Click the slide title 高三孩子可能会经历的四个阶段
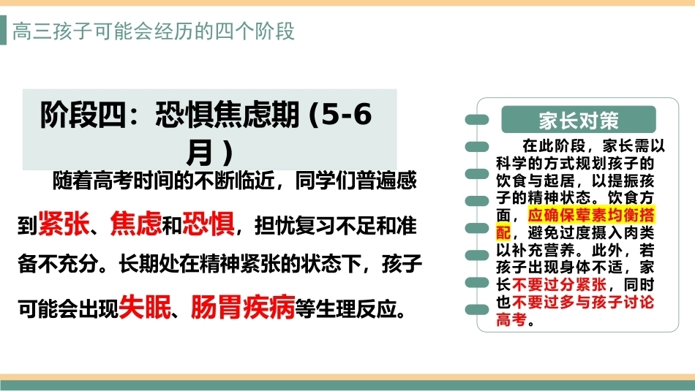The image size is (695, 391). point(154,31)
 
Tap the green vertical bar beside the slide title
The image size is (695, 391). point(3,30)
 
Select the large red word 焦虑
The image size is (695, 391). point(136,223)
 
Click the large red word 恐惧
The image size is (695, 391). point(209,223)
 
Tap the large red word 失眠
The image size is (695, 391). point(145,306)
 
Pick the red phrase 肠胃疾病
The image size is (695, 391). point(243,306)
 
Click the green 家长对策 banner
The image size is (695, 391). point(579,120)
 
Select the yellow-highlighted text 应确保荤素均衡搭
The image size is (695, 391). point(591,215)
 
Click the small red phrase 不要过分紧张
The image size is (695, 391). point(560,284)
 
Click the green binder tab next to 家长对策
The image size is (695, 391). point(477,120)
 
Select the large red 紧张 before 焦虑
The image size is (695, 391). point(64,223)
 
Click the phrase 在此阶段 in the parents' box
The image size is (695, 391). point(554,145)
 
